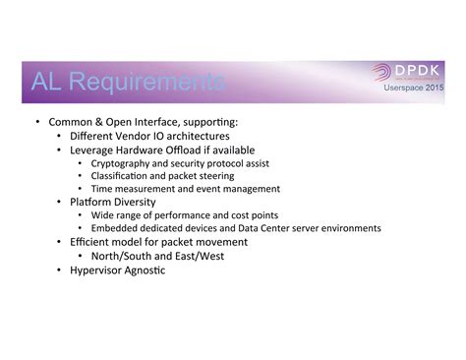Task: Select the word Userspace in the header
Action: pyautogui.click(x=399, y=89)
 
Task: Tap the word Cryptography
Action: pyautogui.click(x=123, y=163)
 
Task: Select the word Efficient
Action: pyautogui.click(x=91, y=241)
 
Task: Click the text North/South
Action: pyautogui.click(x=124, y=255)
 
